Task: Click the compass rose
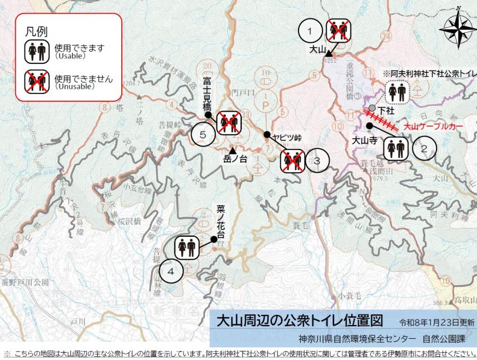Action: pyautogui.click(x=457, y=29)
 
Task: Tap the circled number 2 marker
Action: pyautogui.click(x=424, y=148)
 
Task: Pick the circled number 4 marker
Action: pyautogui.click(x=171, y=272)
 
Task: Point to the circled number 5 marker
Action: pyautogui.click(x=203, y=134)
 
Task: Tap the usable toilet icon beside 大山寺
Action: pyautogui.click(x=395, y=148)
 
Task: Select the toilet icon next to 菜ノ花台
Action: pyautogui.click(x=187, y=247)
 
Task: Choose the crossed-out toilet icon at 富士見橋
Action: pyautogui.click(x=228, y=123)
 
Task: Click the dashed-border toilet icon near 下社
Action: pyautogui.click(x=399, y=93)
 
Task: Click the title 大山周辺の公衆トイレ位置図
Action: pyautogui.click(x=300, y=322)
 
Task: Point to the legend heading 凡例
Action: pyautogui.click(x=37, y=31)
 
